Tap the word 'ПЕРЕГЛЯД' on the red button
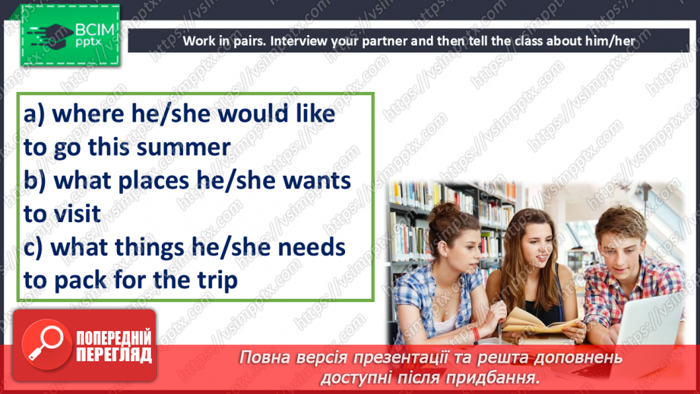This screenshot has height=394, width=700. tap(114, 355)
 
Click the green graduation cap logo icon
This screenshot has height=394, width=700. tap(49, 35)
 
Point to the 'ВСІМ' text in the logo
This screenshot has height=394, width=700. tap(95, 30)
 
